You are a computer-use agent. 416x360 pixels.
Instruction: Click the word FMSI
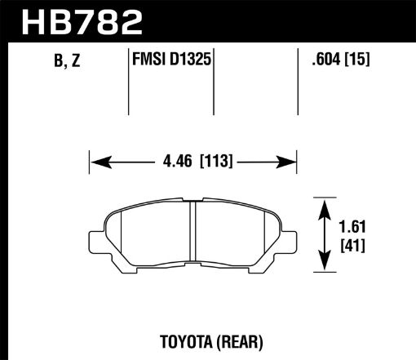[148, 60]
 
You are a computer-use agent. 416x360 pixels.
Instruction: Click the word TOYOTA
[179, 338]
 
